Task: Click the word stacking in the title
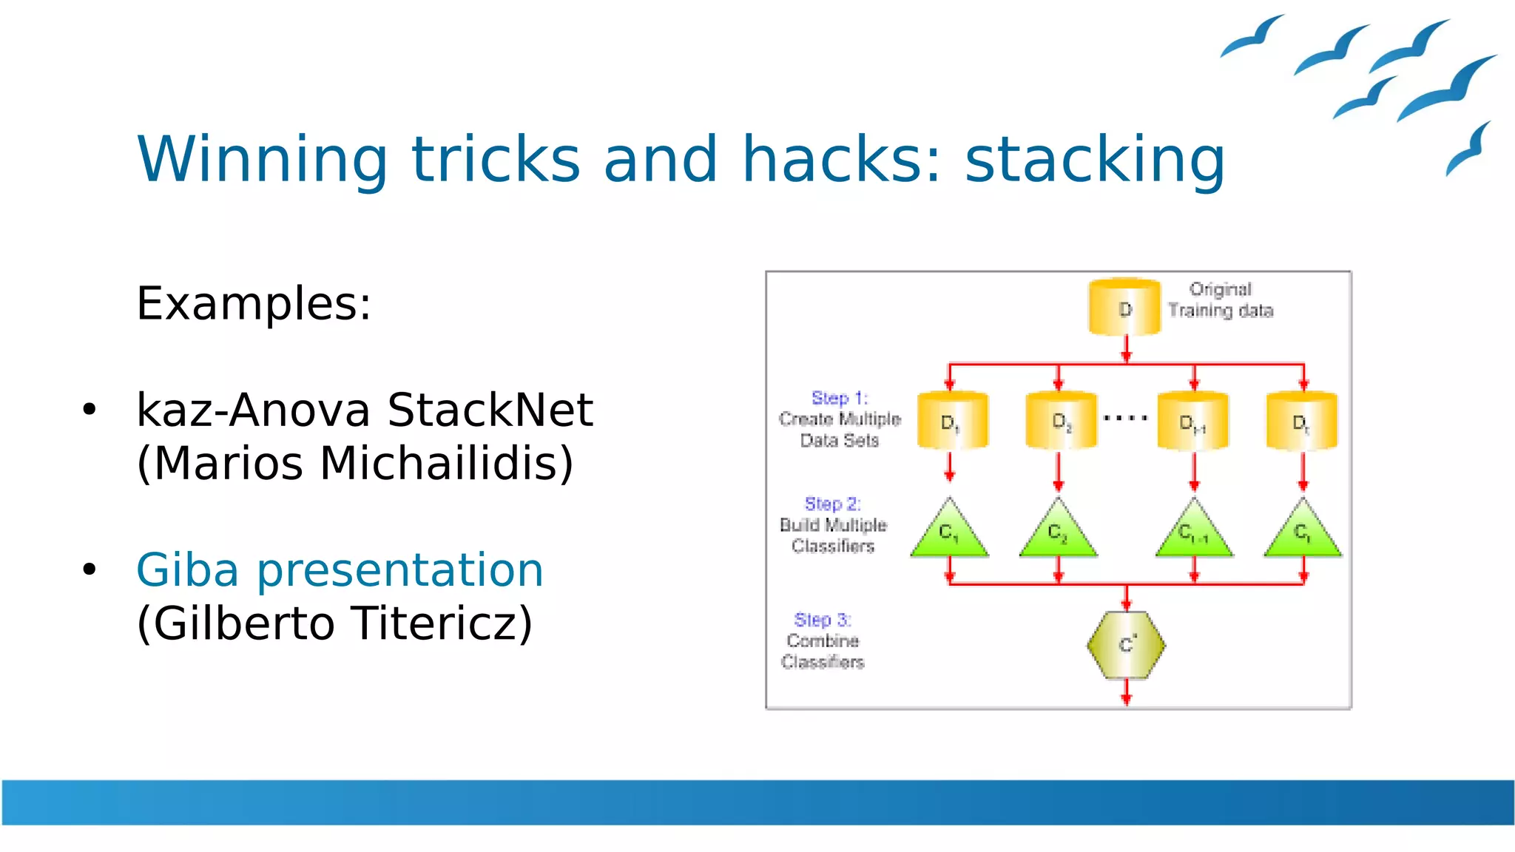tap(1095, 160)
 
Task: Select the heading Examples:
tap(254, 303)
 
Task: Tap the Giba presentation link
tap(340, 570)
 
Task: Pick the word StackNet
tap(490, 410)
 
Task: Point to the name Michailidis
tap(446, 464)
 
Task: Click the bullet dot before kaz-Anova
tap(90, 410)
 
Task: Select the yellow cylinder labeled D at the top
tap(1124, 308)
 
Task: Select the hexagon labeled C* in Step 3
tap(1126, 645)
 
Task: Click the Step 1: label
tap(839, 398)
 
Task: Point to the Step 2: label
tap(832, 504)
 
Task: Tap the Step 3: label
tap(822, 620)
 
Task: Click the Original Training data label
tap(1221, 300)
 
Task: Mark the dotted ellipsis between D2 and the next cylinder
tap(1125, 418)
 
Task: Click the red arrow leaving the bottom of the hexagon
tap(1126, 692)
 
